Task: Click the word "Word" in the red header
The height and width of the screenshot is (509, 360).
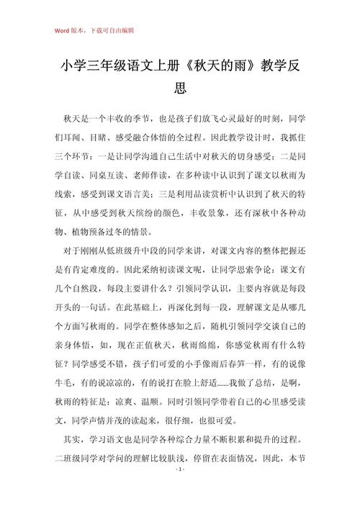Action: tap(61, 31)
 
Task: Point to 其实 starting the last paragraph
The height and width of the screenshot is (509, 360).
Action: tap(70, 438)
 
